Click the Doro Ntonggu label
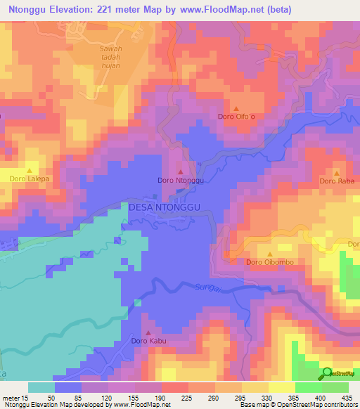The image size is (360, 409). (x=181, y=181)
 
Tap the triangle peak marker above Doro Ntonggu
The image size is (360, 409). (x=181, y=171)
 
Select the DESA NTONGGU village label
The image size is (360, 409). (x=165, y=207)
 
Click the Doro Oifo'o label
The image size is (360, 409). (x=235, y=116)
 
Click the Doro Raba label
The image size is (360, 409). (x=336, y=181)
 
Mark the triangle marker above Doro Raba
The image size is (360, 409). (x=336, y=172)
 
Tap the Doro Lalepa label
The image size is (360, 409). (x=30, y=178)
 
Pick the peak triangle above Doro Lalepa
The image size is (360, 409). (x=30, y=169)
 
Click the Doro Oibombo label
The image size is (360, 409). (x=269, y=263)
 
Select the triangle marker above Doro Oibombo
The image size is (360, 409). (x=269, y=254)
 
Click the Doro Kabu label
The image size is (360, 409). (x=148, y=342)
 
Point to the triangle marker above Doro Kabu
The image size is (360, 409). (x=148, y=332)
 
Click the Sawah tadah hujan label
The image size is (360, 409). (x=110, y=57)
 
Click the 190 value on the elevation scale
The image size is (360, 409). (x=161, y=398)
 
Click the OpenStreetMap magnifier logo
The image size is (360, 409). (x=328, y=373)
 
